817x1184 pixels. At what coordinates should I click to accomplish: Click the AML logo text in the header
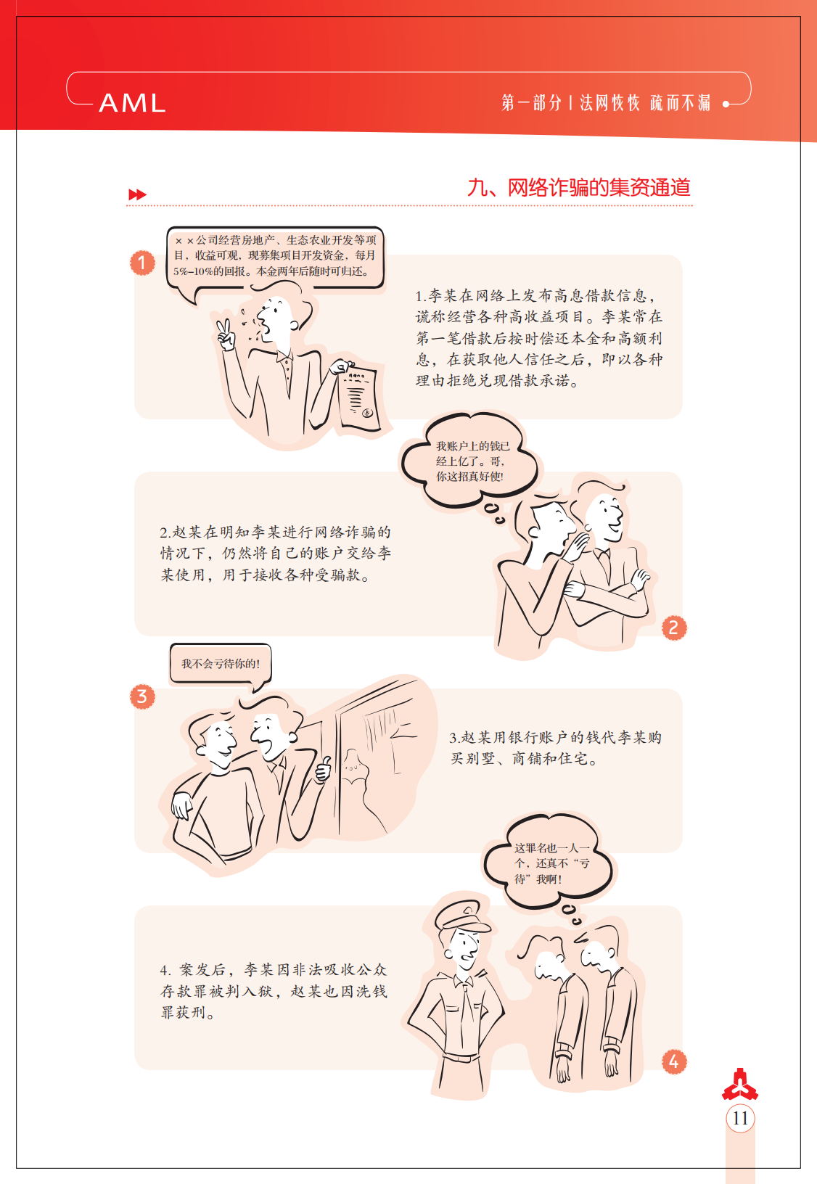pos(132,102)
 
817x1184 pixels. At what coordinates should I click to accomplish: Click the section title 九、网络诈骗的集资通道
pos(579,188)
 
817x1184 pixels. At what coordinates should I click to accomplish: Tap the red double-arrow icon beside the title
pos(137,194)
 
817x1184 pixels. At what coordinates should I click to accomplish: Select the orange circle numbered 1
pos(142,263)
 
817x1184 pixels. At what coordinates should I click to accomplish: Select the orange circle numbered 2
pos(674,628)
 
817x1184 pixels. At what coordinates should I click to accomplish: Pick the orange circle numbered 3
pos(142,696)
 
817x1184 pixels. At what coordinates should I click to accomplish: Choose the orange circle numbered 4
pos(674,1061)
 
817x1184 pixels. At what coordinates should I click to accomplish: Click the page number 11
pos(740,1119)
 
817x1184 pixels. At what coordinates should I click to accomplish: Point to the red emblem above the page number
pos(740,1084)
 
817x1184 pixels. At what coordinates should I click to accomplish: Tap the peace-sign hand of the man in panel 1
pos(225,334)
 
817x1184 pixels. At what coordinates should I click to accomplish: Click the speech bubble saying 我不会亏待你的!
pos(221,665)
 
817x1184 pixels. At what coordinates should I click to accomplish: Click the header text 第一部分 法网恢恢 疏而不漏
pos(605,102)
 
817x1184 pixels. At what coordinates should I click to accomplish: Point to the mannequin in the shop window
pos(361,788)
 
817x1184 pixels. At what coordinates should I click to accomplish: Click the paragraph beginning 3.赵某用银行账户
pos(555,748)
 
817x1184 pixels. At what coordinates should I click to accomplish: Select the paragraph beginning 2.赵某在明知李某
pos(276,554)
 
